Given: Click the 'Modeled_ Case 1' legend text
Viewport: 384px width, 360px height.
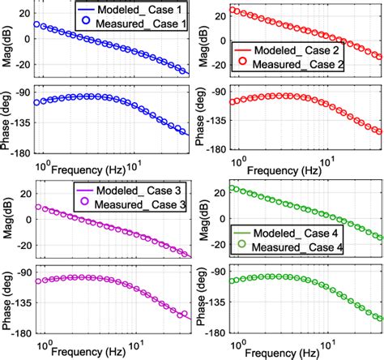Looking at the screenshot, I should [x=139, y=9].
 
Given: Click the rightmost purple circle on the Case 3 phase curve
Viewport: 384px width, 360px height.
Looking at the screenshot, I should [x=182, y=315].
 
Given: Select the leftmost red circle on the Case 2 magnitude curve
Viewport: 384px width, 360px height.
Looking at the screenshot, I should [x=234, y=10].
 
